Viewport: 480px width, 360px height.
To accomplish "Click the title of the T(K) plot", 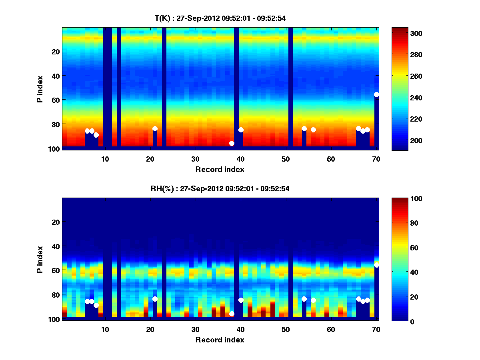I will (x=220, y=18).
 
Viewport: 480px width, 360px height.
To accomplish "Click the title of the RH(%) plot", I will (x=220, y=188).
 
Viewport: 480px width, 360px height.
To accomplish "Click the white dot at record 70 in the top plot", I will (x=376, y=94).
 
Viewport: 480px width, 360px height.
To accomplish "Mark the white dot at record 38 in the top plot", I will (x=232, y=143).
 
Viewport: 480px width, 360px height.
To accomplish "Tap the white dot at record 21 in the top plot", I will (x=155, y=128).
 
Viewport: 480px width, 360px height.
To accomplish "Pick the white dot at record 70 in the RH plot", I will (x=376, y=265).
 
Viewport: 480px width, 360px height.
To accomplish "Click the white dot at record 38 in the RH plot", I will (x=232, y=314).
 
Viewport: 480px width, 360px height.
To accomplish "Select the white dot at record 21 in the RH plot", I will (x=155, y=299).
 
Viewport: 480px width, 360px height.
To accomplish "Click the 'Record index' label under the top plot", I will (x=220, y=169).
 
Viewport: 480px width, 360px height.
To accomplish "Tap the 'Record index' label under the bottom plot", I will (x=220, y=340).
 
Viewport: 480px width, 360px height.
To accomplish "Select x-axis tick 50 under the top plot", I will (x=286, y=159).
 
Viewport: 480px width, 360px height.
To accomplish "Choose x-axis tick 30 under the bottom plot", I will (x=195, y=329).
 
